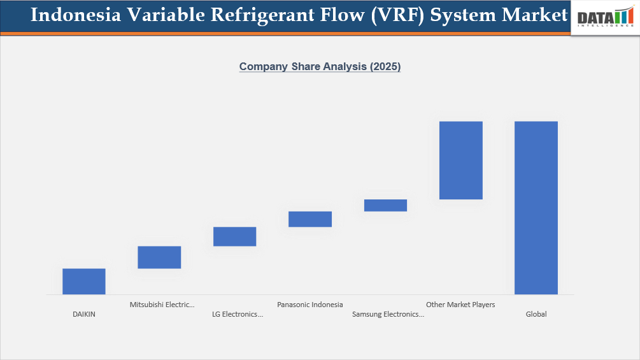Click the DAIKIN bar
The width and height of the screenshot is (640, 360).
(x=84, y=281)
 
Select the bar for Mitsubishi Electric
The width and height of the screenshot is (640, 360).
(x=159, y=257)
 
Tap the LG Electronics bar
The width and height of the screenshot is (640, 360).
(x=234, y=236)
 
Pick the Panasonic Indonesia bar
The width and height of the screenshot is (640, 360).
(x=310, y=219)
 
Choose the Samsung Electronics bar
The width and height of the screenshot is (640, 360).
(x=385, y=205)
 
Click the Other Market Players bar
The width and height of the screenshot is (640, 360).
(x=460, y=160)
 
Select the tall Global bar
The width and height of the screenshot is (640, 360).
(x=536, y=208)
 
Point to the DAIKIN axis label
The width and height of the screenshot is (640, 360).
(x=84, y=314)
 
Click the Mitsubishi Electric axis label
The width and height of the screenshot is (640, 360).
(x=162, y=305)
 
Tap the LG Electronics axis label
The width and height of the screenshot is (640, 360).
(x=237, y=314)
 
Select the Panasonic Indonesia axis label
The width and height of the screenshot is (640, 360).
(x=310, y=305)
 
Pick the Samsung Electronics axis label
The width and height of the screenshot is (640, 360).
(x=388, y=314)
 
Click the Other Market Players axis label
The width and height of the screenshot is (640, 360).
(x=460, y=305)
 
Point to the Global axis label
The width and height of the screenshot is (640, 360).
(x=536, y=314)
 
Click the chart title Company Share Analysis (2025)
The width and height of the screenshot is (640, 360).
(x=320, y=66)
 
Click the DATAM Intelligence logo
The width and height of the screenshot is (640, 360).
(x=605, y=17)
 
